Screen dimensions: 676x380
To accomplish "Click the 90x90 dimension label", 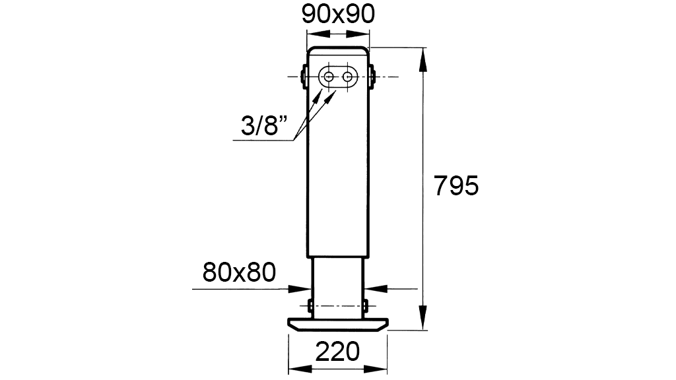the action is coord(338,15).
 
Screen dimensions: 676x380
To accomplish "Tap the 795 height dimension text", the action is coord(456,186).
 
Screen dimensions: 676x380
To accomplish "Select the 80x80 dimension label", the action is coord(239,272).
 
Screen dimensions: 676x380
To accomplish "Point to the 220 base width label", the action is coord(337,352).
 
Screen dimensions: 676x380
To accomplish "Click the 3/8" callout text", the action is coord(264,126).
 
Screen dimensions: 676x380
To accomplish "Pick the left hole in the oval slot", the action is coord(329,77).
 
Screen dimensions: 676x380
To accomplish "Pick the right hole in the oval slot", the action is coord(347,77).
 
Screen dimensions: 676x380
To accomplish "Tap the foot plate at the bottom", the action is coord(338,325).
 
